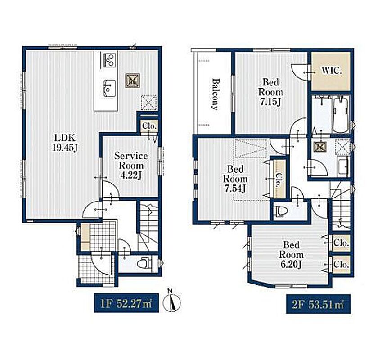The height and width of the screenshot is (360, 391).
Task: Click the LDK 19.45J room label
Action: (64, 143)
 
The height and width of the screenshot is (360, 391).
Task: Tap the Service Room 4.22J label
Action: (131, 166)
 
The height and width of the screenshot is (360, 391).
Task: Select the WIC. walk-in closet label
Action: (331, 71)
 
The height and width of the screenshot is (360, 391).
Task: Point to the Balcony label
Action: (216, 94)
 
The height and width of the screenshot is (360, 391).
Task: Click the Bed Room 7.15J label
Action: (270, 92)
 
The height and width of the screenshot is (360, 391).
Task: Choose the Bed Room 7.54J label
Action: (235, 179)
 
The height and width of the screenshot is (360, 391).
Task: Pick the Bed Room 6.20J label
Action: (291, 255)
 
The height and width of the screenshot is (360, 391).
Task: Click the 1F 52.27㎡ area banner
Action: (126, 302)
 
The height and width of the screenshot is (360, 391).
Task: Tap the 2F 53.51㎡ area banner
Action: (318, 304)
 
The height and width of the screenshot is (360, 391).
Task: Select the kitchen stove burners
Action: (110, 60)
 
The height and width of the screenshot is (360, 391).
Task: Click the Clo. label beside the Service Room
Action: (149, 126)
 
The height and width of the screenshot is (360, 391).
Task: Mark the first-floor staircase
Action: (148, 226)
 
